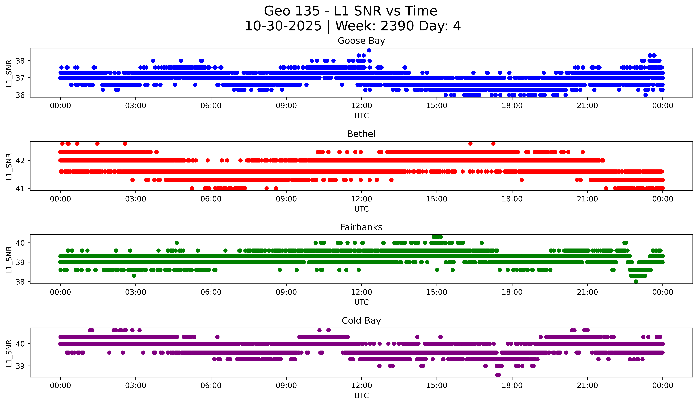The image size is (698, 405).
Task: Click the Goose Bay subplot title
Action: pos(361,41)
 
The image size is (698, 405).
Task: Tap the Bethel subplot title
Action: pos(361,134)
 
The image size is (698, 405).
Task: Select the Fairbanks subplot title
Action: pos(361,227)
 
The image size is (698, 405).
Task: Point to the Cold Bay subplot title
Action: pos(361,321)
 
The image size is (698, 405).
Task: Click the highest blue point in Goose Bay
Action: pos(369,50)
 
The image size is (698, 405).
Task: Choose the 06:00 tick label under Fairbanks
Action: pos(211,292)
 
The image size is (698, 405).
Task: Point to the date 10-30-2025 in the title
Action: pos(283,26)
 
